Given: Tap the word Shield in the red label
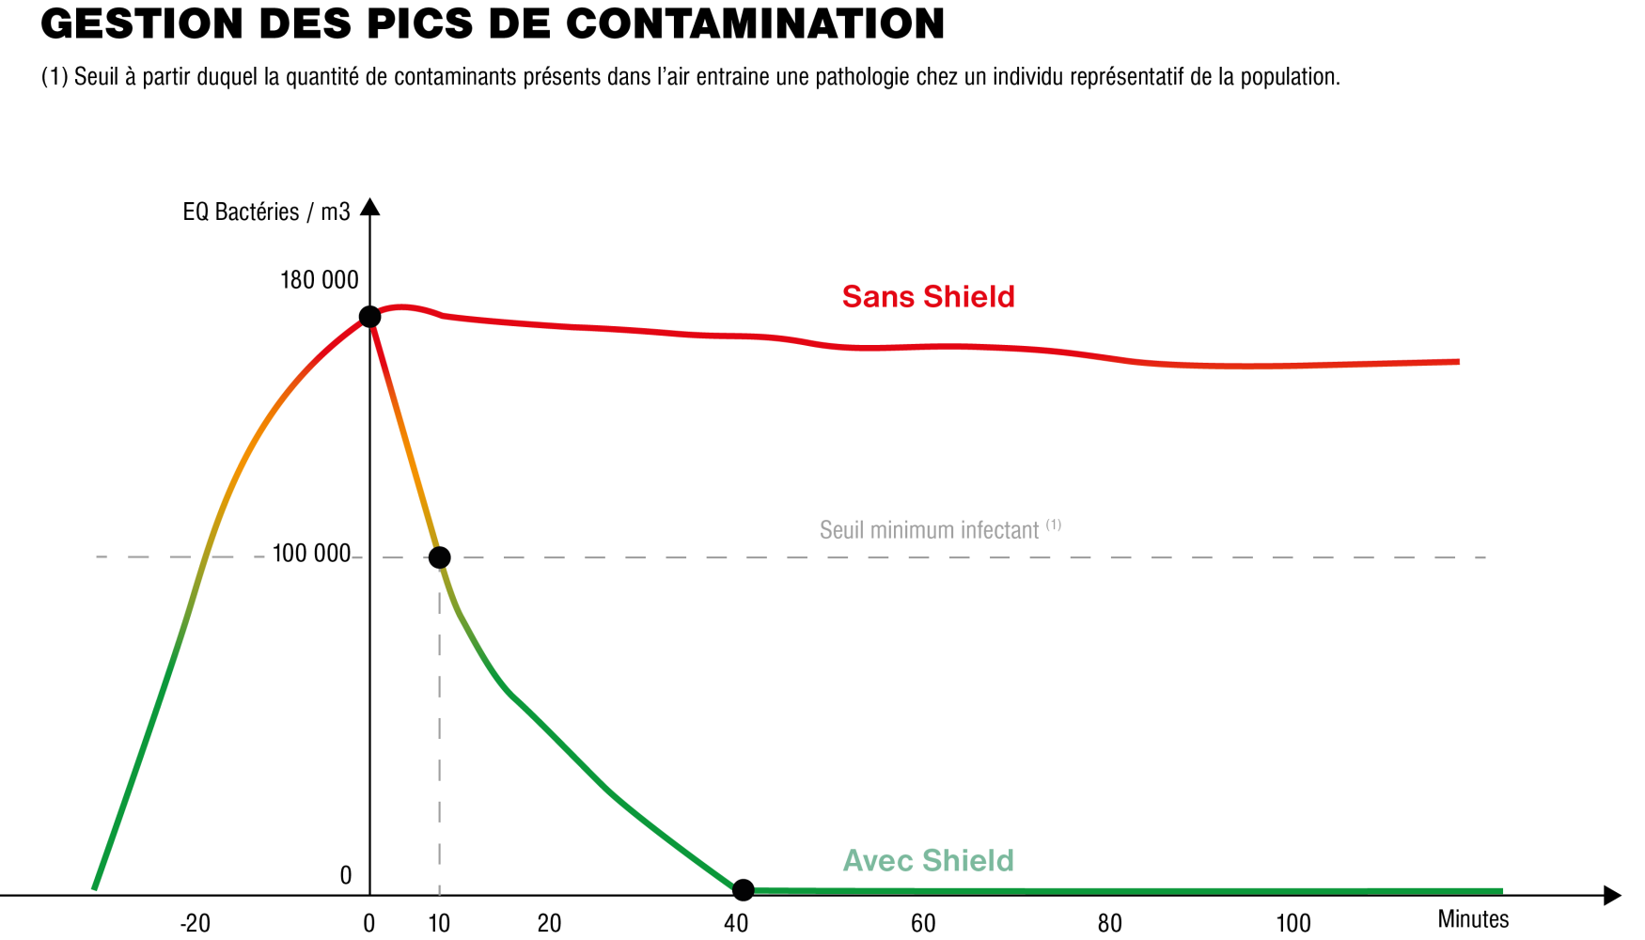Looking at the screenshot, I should (968, 297).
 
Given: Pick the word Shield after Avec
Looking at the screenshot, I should (968, 861).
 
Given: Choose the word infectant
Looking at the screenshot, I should (1000, 531).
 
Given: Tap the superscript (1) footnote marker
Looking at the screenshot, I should (1054, 525).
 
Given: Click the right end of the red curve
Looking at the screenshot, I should (1459, 361).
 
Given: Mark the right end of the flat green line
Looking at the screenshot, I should (1502, 890).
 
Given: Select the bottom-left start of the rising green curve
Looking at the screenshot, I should (94, 888).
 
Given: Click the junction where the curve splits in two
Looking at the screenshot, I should (368, 318).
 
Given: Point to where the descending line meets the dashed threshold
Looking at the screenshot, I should (440, 557).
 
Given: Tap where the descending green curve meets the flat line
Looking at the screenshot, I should (743, 889).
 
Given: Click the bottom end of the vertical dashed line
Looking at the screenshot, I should (439, 891).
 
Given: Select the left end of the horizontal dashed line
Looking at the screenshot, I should (98, 556).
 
